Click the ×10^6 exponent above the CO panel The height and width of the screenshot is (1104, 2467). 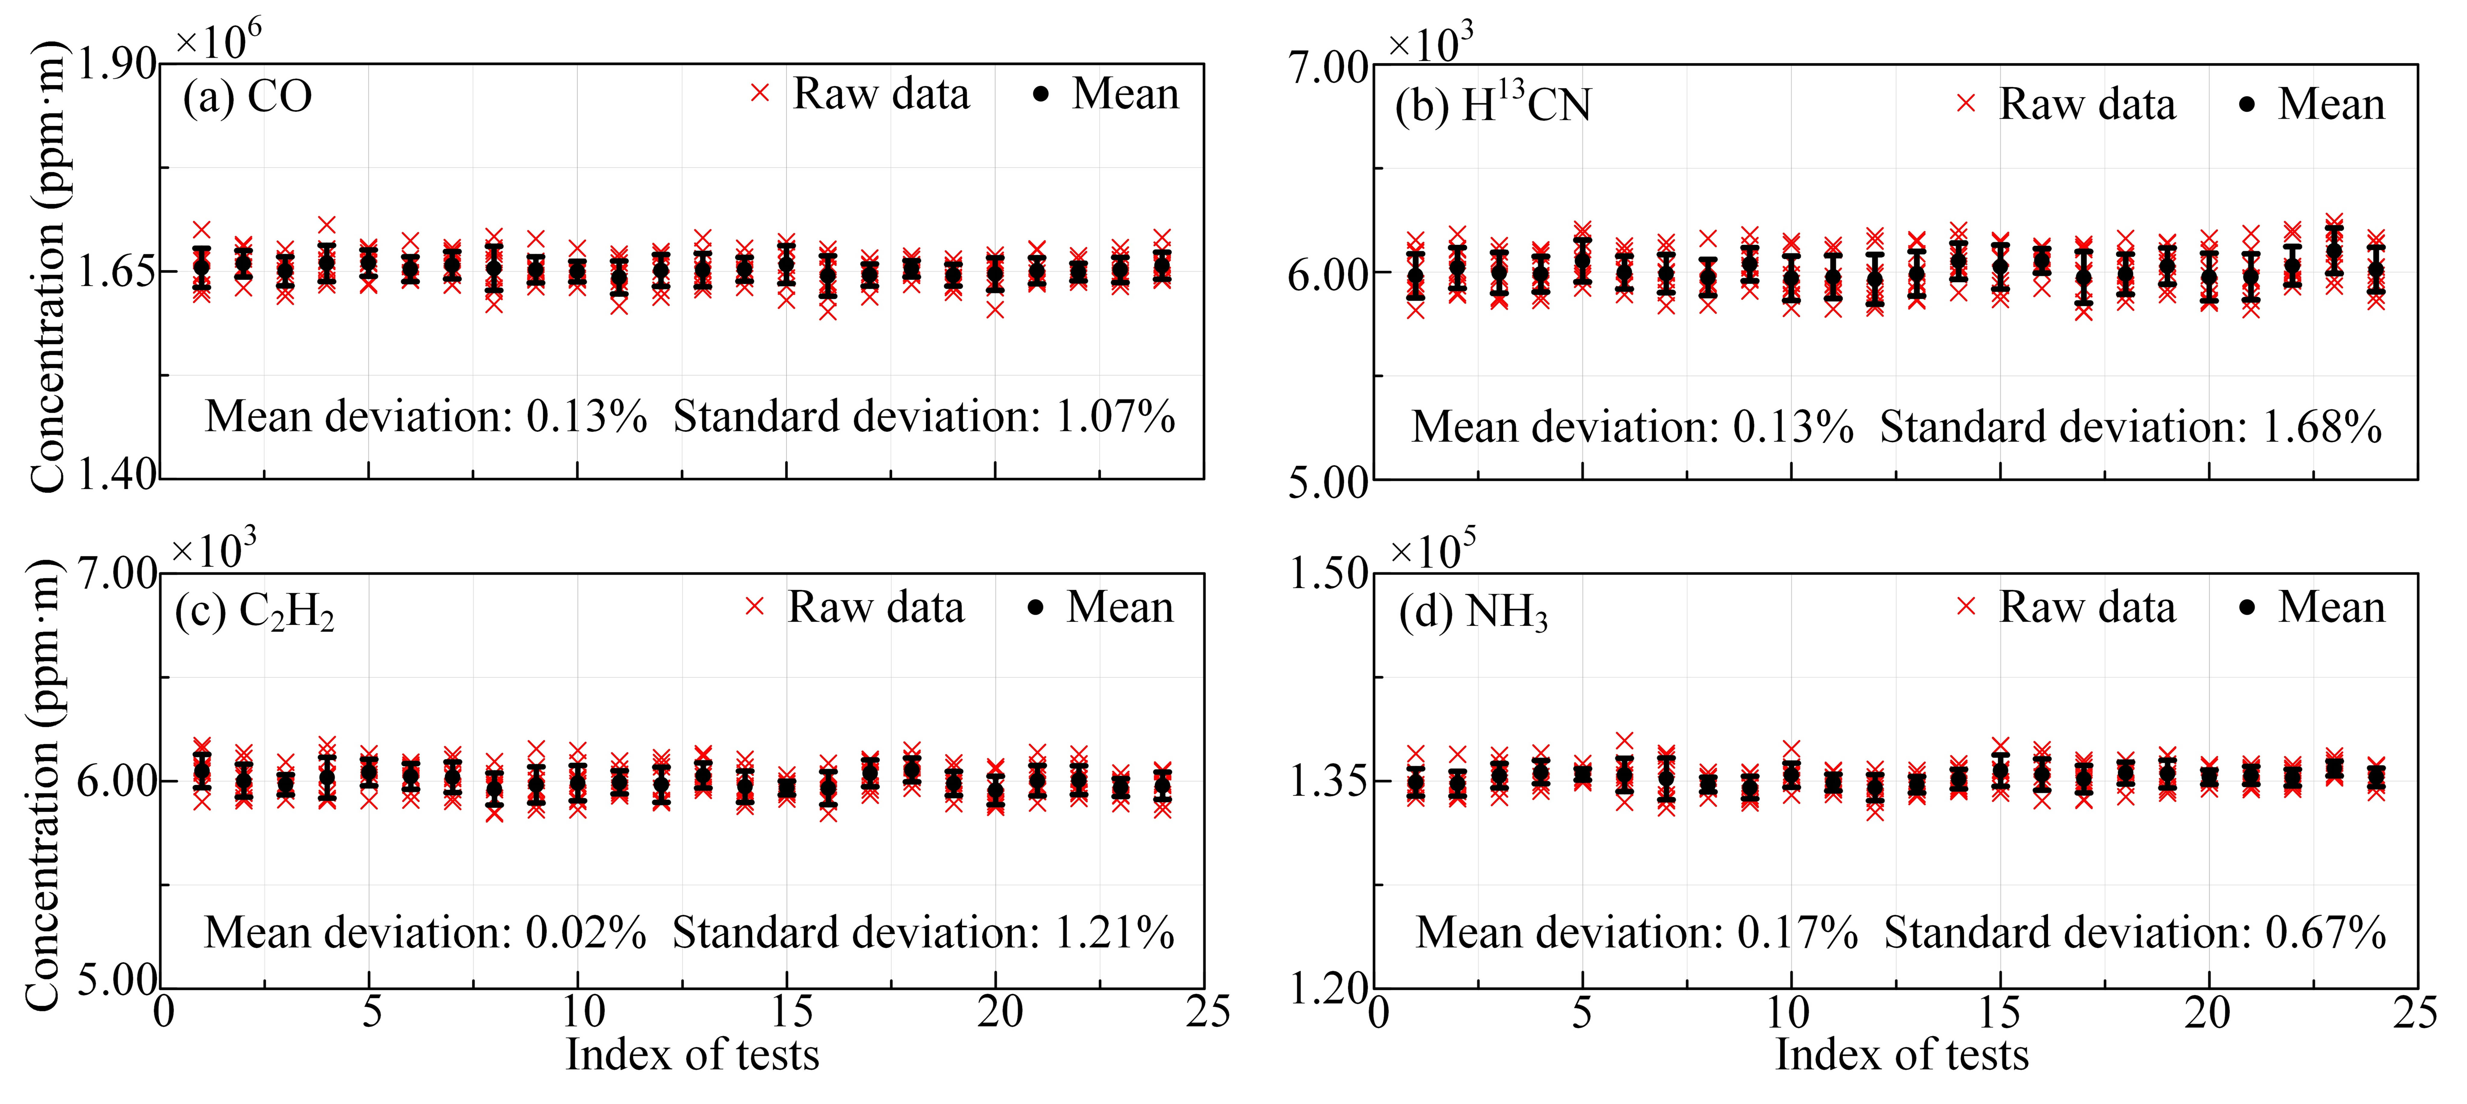tap(218, 40)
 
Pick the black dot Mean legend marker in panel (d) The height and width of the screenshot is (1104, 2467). tap(2247, 607)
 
